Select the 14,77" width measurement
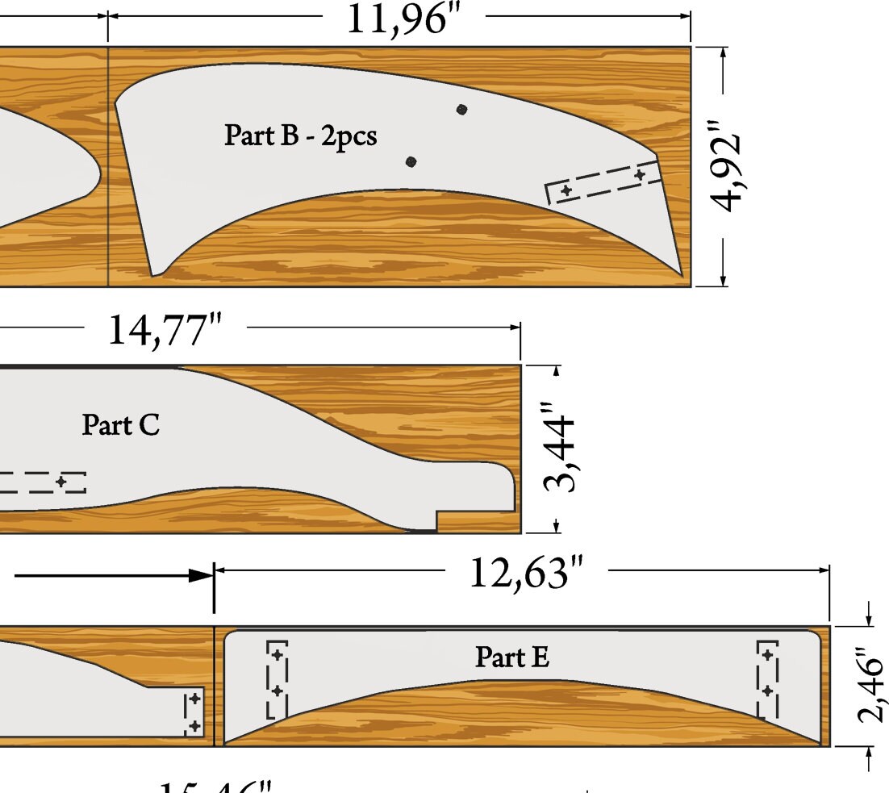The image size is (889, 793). (x=165, y=329)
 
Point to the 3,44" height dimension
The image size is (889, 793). (x=560, y=449)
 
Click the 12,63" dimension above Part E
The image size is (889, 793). (x=525, y=573)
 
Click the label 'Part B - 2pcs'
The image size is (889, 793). (x=300, y=136)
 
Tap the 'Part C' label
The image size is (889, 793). (x=121, y=424)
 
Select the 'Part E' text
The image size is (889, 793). (x=512, y=657)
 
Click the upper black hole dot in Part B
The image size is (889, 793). (x=461, y=110)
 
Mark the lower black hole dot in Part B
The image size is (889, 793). (x=411, y=162)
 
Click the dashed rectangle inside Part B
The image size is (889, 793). (x=604, y=183)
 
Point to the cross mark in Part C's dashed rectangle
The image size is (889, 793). (x=61, y=482)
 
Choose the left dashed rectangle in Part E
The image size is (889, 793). (x=277, y=679)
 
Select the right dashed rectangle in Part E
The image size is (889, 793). (x=768, y=679)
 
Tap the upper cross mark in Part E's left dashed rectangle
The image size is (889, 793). (x=278, y=654)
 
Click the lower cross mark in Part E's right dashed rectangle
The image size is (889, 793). (x=768, y=691)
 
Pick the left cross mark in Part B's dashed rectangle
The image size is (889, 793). (x=566, y=190)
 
